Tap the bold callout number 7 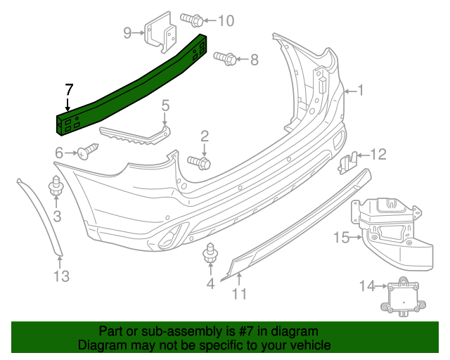pos(68,90)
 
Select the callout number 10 pos(225,20)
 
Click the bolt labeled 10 pos(192,19)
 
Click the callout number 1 pos(361,90)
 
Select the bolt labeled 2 pos(199,162)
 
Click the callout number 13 pos(62,276)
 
